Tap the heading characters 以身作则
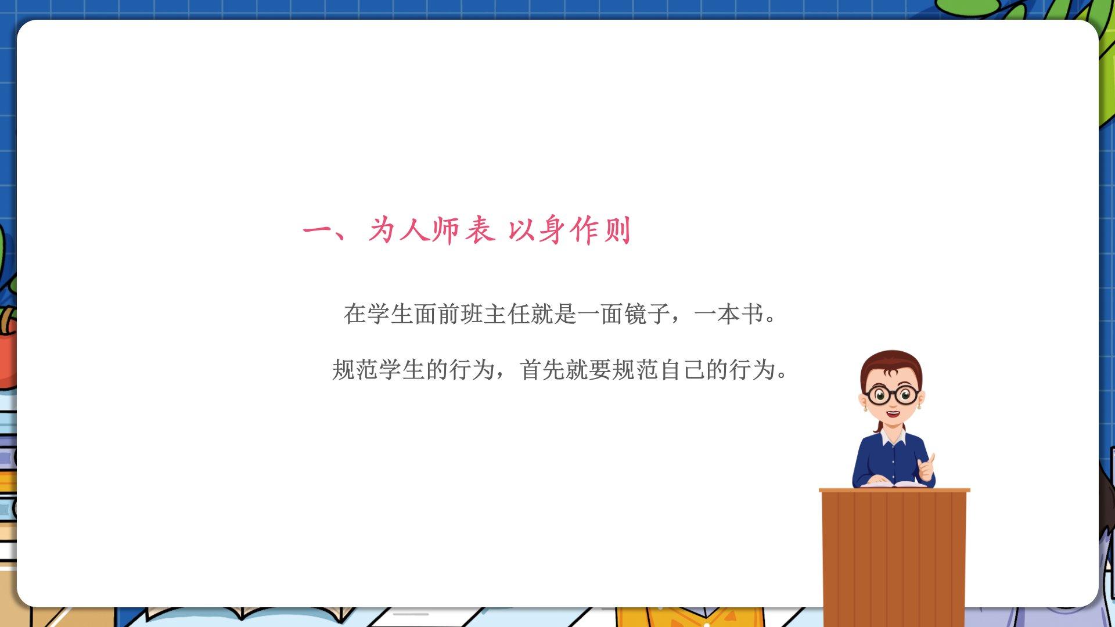pos(569,230)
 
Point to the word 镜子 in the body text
pos(648,314)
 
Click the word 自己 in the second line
pos(682,370)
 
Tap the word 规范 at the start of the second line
pos(355,370)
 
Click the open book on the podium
pos(893,484)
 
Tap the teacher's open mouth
pos(893,414)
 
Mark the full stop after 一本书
pos(771,320)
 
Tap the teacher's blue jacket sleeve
pos(864,464)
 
